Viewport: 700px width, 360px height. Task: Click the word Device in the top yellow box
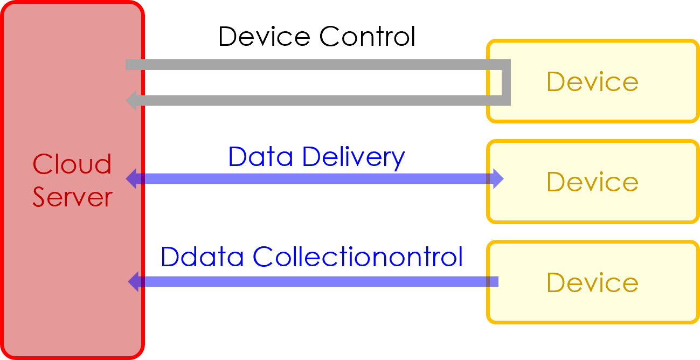[592, 82]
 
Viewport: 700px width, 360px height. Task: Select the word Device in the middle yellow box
[592, 182]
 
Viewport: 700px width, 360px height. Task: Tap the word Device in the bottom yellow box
[592, 282]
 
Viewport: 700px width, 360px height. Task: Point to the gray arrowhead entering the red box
[131, 100]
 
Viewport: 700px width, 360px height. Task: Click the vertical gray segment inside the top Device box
[506, 82]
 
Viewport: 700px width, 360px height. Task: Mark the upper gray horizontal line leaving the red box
[313, 65]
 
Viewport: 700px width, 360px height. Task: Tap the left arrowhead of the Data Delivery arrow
[131, 179]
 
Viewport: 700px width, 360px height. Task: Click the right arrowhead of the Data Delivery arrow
[497, 179]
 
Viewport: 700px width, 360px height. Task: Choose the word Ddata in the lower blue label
[204, 257]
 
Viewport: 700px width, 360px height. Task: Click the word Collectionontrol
[358, 257]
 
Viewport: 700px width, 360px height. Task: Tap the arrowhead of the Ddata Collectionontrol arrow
[134, 281]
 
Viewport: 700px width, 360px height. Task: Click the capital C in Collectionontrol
[263, 257]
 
